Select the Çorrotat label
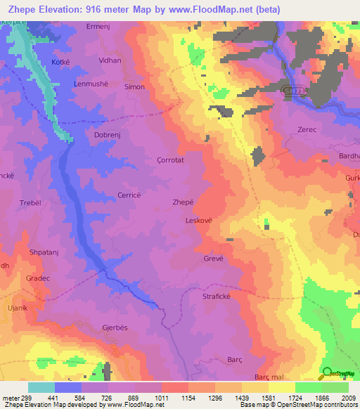coord(169,160)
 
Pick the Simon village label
coord(134,87)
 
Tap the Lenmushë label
coord(90,84)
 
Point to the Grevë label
coord(214,258)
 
